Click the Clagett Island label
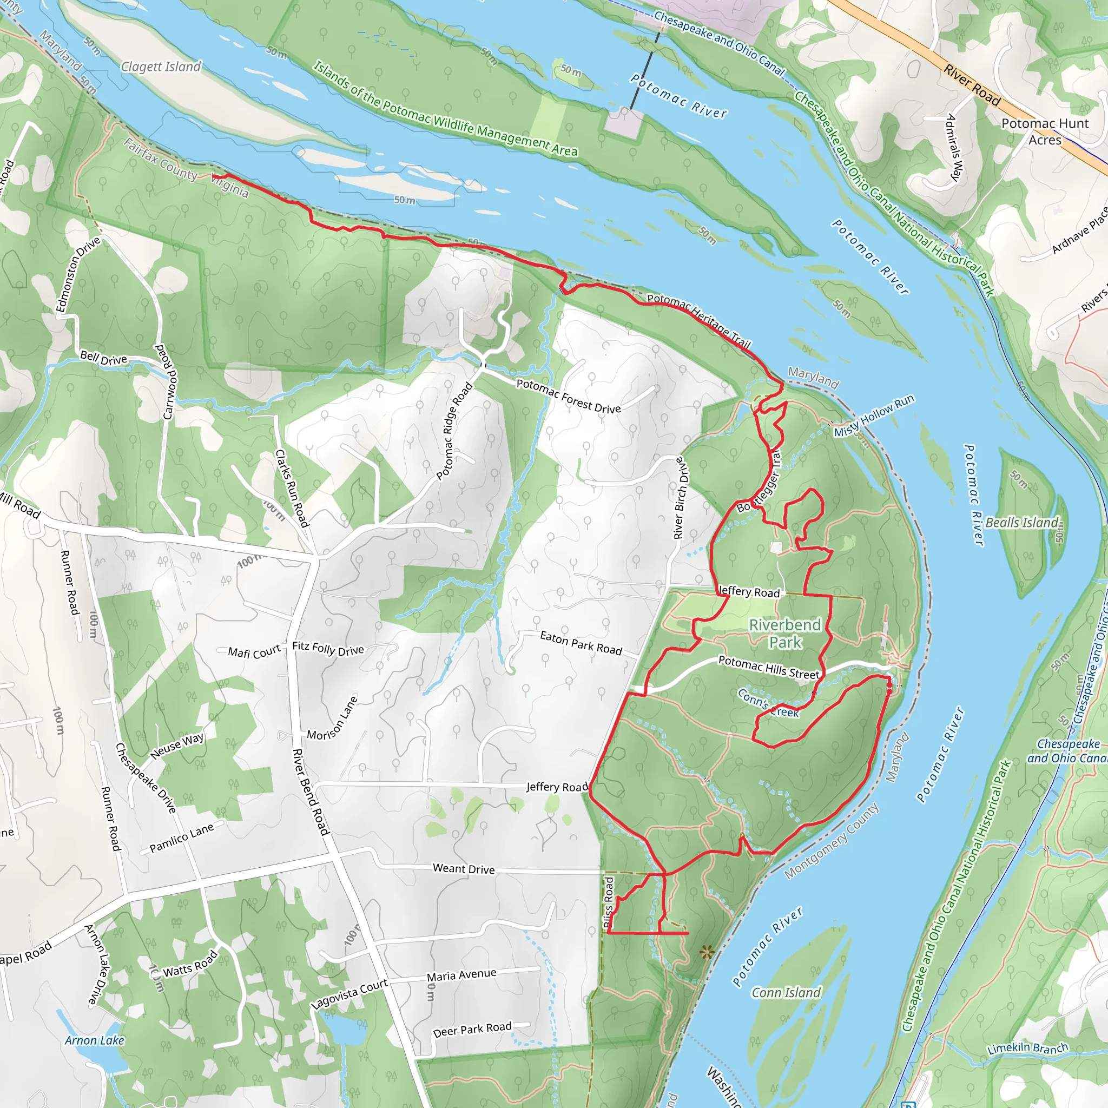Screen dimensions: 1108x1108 161,67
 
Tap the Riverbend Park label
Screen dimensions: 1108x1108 784,633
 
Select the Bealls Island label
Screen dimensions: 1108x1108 1021,523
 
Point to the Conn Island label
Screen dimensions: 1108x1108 786,993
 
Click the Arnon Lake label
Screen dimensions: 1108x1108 95,1040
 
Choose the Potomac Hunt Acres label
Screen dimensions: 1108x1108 1044,131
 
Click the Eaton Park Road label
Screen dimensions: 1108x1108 581,643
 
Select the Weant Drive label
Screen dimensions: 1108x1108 464,869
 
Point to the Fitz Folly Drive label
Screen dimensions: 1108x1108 328,648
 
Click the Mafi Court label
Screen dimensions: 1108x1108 254,651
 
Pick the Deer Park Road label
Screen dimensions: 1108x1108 472,1030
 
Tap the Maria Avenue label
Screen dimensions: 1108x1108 461,975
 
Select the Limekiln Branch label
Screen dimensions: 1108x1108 1027,1048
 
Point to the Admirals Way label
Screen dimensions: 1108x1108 954,147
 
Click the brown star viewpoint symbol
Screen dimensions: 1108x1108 707,953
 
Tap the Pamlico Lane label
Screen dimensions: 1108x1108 181,838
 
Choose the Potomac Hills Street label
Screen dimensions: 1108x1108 769,668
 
